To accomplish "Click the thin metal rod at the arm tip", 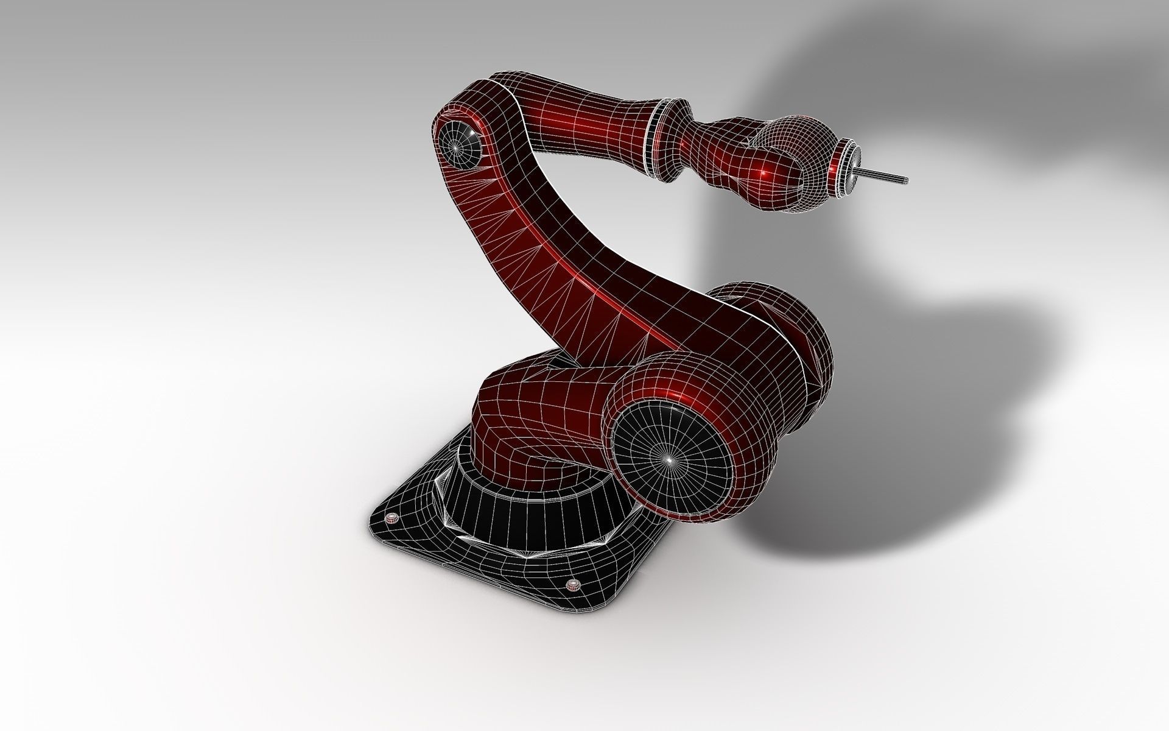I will coord(883,177).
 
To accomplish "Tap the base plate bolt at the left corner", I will coord(393,518).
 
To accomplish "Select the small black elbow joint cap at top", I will coord(458,144).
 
